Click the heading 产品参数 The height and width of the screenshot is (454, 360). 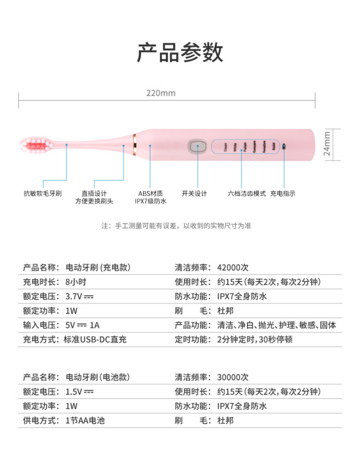point(180,53)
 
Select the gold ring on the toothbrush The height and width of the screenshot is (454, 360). point(134,145)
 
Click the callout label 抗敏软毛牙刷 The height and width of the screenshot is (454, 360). point(43,194)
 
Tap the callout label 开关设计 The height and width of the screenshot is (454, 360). point(195,194)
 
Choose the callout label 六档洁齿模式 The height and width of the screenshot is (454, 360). point(246,194)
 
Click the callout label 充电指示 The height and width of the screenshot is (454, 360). point(283,194)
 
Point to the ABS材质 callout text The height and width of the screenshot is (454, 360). point(150,194)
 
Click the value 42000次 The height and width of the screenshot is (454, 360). point(232,267)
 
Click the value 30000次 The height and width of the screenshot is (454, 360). point(232,377)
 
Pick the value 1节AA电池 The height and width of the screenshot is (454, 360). point(86,421)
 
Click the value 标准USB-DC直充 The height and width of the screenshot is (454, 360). point(95,340)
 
